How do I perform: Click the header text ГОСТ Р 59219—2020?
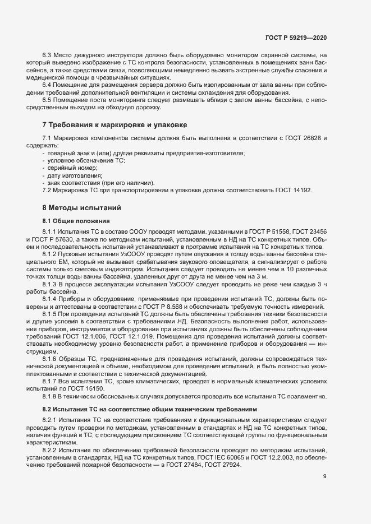[x=296, y=37]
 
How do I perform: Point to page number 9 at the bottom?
[x=325, y=492]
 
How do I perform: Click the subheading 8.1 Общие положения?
[x=72, y=220]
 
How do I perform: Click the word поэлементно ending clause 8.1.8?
[x=307, y=396]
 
